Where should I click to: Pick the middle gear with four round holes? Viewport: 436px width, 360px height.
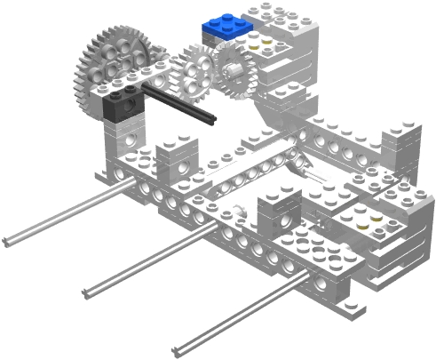[194, 72]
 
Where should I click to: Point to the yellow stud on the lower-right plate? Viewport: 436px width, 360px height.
[365, 224]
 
